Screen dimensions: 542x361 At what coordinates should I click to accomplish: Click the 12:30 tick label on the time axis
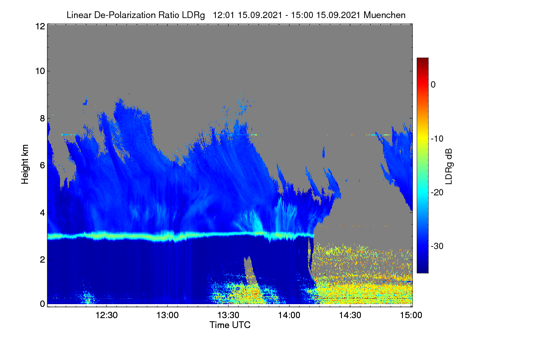(107, 315)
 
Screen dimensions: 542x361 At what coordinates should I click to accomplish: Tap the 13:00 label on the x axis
(168, 315)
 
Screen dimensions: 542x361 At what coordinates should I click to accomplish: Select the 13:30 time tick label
(228, 315)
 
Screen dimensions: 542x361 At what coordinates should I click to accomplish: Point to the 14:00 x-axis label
(289, 315)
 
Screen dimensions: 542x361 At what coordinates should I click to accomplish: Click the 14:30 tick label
(350, 315)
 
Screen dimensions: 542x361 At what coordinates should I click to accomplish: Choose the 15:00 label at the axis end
(411, 315)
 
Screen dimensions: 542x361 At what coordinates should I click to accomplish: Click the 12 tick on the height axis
(40, 26)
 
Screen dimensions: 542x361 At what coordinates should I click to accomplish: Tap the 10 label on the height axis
(40, 71)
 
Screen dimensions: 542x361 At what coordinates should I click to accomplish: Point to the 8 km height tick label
(42, 119)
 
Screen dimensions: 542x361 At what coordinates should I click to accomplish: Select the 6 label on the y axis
(42, 166)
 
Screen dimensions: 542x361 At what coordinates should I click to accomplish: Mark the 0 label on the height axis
(42, 304)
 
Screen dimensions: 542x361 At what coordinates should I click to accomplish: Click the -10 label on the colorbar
(437, 139)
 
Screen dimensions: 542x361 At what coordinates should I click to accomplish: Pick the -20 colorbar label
(437, 193)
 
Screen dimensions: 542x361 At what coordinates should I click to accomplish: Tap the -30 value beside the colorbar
(437, 246)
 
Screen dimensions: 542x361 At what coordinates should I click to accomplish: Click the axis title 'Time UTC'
(230, 325)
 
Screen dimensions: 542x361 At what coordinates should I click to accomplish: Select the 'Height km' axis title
(25, 164)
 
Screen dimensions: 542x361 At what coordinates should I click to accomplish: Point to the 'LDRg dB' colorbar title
(449, 167)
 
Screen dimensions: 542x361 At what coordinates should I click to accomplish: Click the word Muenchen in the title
(384, 15)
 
